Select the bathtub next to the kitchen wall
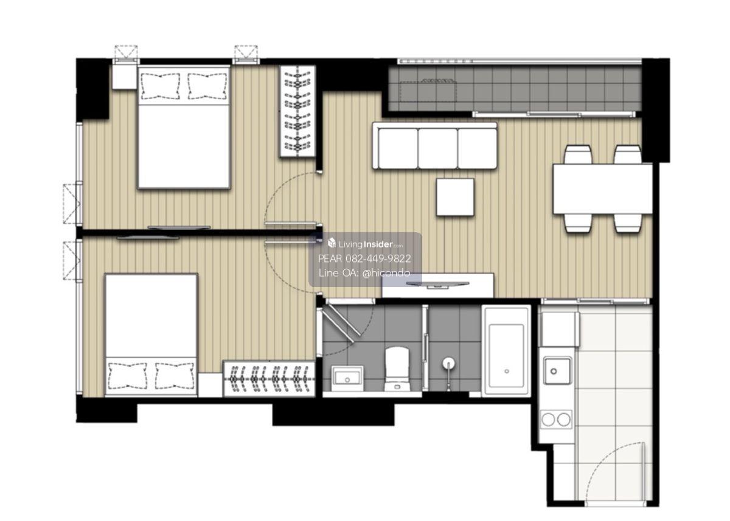click(x=506, y=351)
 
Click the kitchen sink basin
click(x=557, y=371)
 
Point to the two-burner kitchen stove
click(x=556, y=419)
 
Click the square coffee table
click(x=455, y=197)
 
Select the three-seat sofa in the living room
click(x=435, y=146)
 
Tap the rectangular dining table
click(x=603, y=189)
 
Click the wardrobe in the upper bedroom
click(x=297, y=111)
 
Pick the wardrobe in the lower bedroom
click(x=269, y=378)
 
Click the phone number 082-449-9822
click(x=378, y=258)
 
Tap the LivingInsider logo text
click(x=366, y=244)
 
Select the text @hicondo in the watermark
click(x=386, y=273)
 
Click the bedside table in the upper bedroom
click(x=124, y=77)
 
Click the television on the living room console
click(x=437, y=285)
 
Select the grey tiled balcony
click(x=515, y=88)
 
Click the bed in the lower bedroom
click(x=151, y=335)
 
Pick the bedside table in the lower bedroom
click(x=210, y=385)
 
